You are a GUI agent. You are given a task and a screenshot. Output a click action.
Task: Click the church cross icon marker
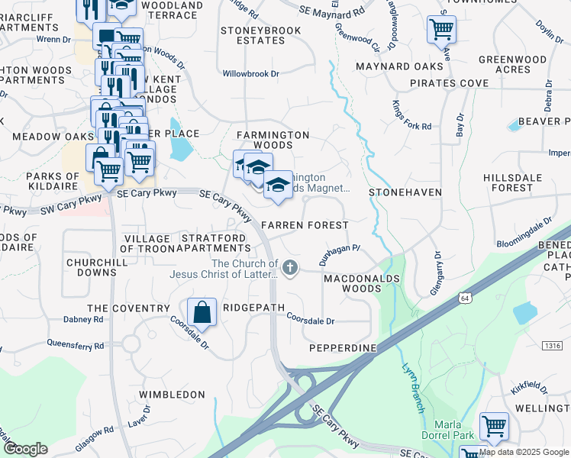(289, 267)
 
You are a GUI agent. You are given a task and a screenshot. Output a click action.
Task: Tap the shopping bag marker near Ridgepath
(202, 313)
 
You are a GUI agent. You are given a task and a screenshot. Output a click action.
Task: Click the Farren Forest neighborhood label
(305, 225)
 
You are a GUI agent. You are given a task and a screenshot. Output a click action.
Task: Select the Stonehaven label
(405, 193)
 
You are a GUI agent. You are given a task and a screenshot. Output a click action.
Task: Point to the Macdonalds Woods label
(362, 284)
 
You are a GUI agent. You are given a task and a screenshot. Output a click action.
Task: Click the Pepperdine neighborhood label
(343, 348)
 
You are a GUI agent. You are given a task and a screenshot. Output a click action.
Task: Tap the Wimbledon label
(172, 395)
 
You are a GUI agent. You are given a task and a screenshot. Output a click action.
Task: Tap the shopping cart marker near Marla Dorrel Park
(495, 426)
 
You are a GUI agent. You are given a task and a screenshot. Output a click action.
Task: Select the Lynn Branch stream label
(412, 386)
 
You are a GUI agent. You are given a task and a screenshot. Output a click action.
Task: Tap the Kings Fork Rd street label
(411, 114)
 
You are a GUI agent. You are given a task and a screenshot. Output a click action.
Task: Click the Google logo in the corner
(25, 449)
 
